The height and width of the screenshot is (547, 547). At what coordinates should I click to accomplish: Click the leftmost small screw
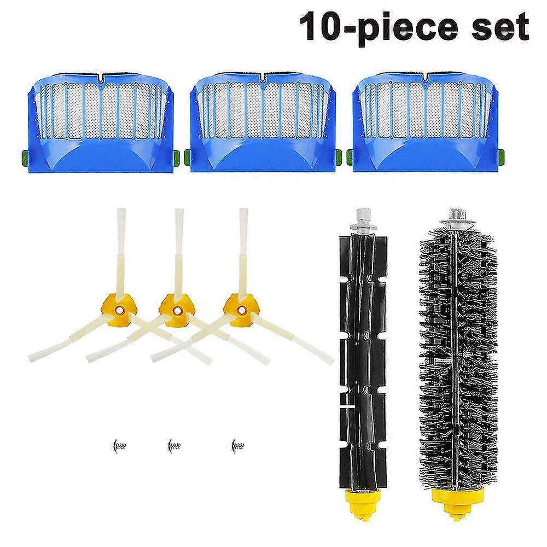[x=120, y=445]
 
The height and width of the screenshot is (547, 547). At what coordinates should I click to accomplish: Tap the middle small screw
[x=174, y=445]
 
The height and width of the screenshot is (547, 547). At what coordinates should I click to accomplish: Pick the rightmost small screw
[x=238, y=445]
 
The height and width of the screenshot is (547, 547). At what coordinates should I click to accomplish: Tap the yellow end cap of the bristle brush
[x=457, y=501]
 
